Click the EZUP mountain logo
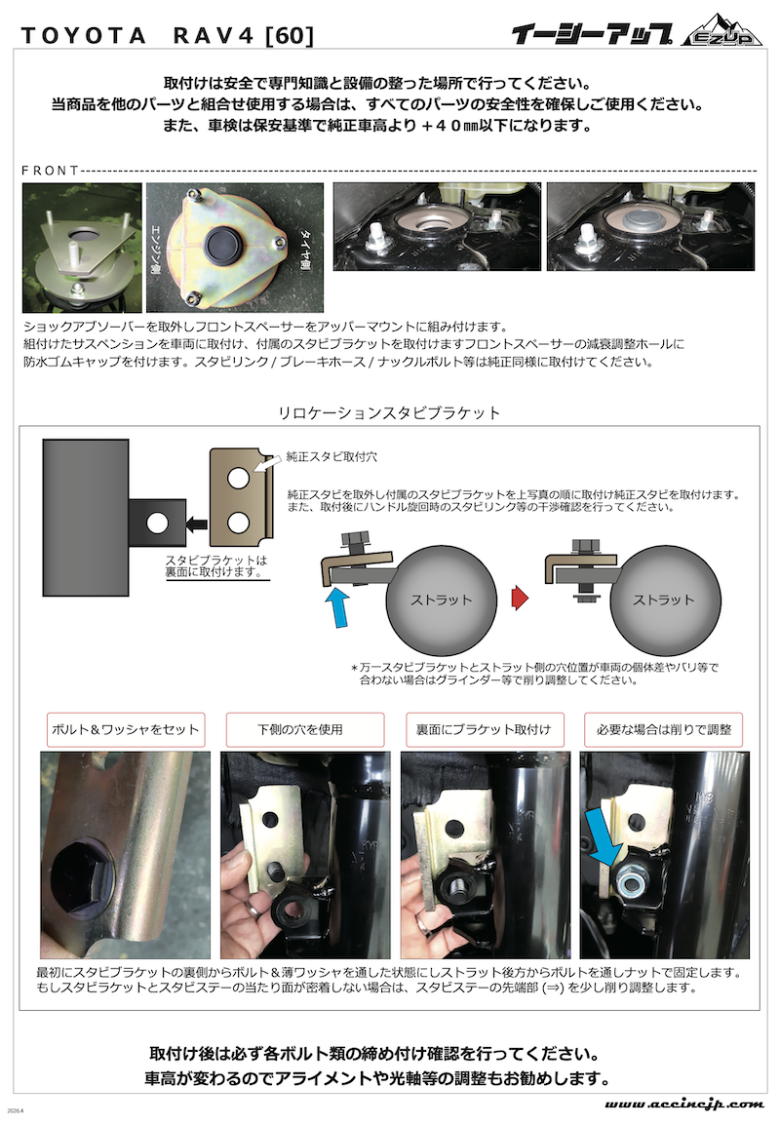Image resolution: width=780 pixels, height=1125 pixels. [721, 30]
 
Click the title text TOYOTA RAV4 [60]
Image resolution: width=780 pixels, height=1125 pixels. [167, 35]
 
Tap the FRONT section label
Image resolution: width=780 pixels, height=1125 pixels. [50, 171]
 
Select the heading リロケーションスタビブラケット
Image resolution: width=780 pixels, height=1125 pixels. [389, 412]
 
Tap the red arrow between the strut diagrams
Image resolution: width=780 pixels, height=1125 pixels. [521, 598]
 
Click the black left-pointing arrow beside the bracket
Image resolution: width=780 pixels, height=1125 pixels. [196, 524]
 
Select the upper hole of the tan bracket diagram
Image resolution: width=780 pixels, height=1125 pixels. [239, 478]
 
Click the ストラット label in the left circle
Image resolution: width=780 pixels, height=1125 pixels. [442, 600]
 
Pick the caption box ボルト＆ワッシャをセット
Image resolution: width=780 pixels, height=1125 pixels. [126, 729]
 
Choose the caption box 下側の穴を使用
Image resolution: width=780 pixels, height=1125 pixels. [305, 729]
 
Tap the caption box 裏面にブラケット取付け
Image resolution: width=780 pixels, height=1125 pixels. [485, 729]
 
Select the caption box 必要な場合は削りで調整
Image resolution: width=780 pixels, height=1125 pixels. [663, 729]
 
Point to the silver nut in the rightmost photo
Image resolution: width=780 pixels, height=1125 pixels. [627, 879]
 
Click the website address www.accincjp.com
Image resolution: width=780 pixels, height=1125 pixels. [683, 1104]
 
